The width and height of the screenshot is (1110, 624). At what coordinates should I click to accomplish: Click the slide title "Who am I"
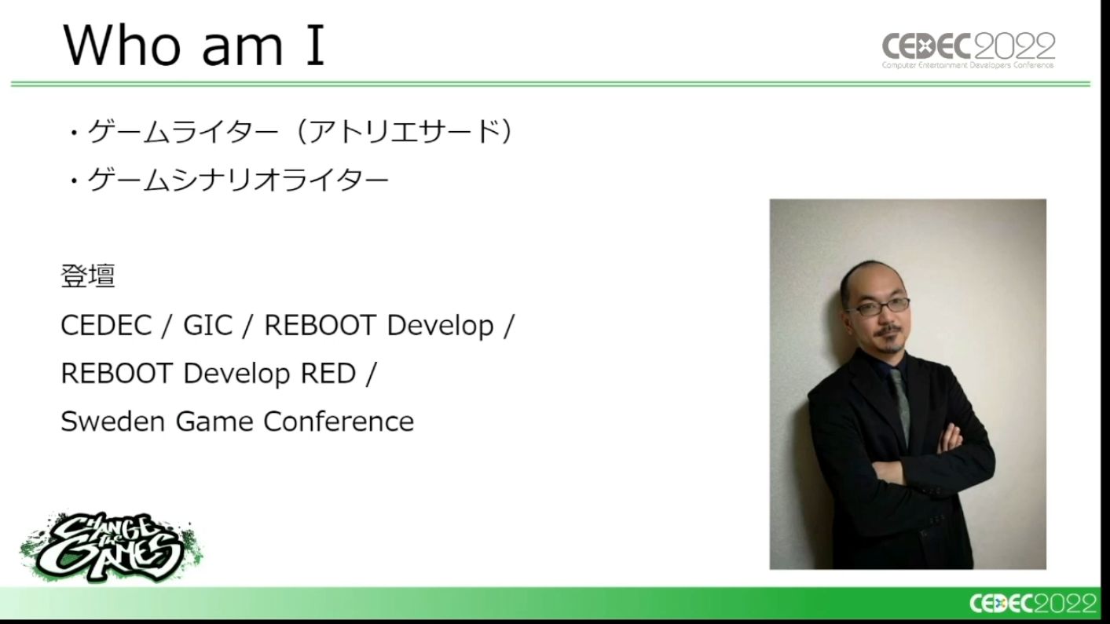click(x=194, y=45)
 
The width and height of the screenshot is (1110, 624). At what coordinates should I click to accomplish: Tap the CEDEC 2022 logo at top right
click(x=969, y=50)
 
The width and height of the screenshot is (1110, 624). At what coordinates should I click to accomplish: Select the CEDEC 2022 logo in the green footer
click(x=1033, y=604)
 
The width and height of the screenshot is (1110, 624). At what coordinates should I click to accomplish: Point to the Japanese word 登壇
click(x=88, y=276)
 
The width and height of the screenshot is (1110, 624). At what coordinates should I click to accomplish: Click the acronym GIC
click(x=207, y=326)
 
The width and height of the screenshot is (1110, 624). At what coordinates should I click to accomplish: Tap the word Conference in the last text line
click(x=339, y=421)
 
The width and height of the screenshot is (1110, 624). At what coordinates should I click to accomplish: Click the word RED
click(x=328, y=373)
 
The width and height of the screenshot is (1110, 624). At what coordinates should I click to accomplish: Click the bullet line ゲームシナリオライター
click(x=229, y=180)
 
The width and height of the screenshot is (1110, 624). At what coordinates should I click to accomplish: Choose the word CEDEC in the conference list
click(x=106, y=326)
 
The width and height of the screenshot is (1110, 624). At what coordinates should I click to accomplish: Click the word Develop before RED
click(x=236, y=374)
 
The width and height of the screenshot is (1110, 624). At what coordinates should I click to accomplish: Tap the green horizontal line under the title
click(x=550, y=84)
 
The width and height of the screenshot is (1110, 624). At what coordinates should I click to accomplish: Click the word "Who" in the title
click(x=123, y=45)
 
